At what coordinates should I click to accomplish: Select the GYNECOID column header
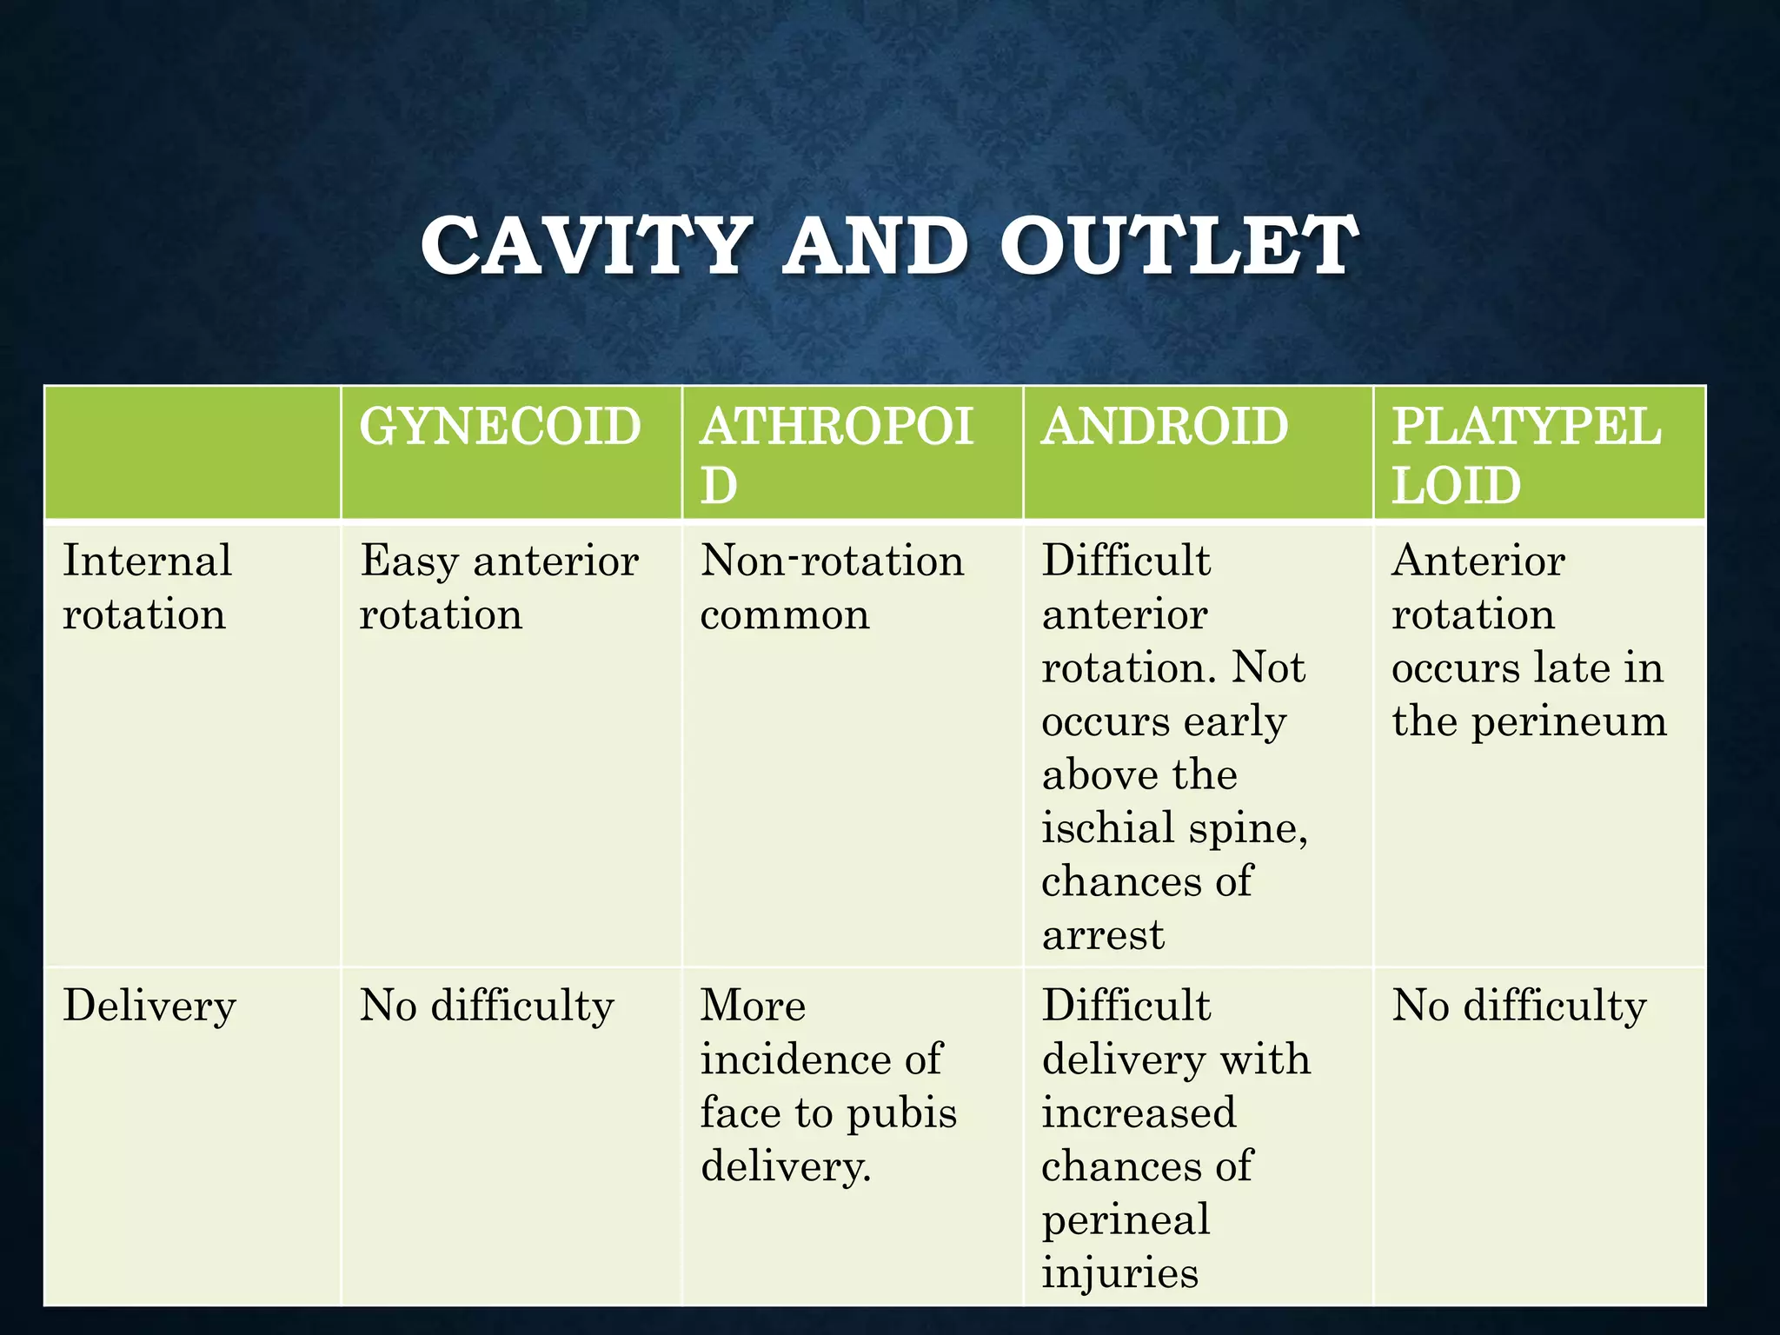500,427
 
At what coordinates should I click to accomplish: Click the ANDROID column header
1165,427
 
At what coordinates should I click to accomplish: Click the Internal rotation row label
147,588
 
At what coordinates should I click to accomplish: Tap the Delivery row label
149,1006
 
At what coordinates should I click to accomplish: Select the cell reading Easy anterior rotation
499,588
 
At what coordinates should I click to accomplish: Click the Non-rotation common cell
832,588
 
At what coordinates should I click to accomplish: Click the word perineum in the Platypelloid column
1569,722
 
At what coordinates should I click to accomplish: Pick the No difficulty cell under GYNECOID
487,1006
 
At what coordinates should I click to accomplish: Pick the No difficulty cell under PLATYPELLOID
1519,1006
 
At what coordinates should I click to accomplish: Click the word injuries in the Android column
1119,1274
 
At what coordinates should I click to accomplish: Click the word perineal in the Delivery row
1126,1220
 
